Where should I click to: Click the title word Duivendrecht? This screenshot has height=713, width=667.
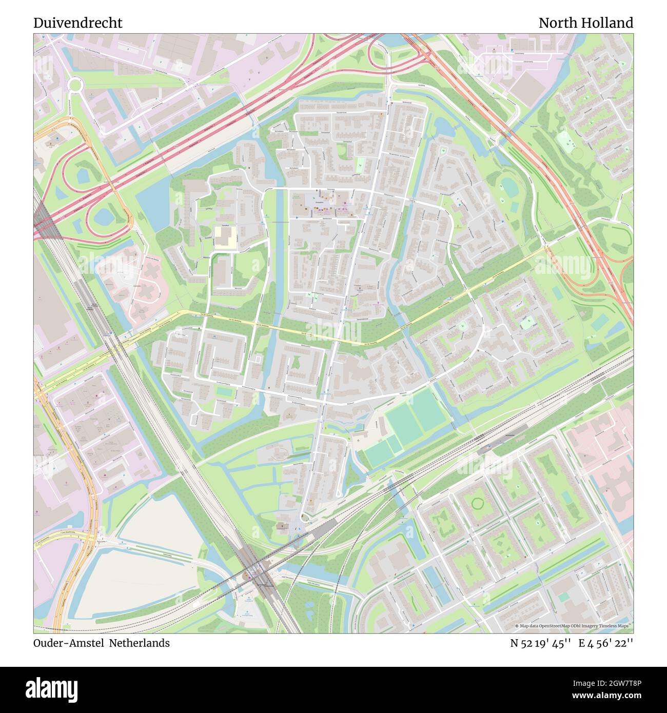[78, 23]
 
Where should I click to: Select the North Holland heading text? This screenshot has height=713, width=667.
[585, 23]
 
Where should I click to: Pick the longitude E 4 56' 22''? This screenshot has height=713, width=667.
[606, 643]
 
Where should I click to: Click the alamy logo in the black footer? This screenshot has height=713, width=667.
[52, 688]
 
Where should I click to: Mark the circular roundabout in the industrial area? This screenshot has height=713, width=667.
[75, 85]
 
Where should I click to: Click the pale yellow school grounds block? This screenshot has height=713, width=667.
[225, 237]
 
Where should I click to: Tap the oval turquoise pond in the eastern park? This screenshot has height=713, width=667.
[509, 187]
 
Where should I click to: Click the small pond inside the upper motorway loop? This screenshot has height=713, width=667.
[83, 175]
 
